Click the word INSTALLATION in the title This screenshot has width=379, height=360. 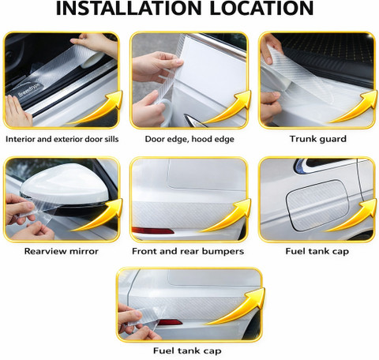pos(129,9)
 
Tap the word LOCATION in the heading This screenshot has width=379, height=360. pos(261,9)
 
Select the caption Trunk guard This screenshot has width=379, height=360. pos(318,139)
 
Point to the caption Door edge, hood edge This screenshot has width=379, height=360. pos(189,139)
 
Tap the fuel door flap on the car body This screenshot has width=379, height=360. pos(317,204)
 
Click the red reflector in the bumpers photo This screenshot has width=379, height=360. pos(152,231)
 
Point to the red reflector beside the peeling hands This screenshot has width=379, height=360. pos(170,322)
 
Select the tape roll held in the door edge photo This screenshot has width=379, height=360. pos(164,112)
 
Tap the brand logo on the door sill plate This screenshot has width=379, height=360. pos(29,90)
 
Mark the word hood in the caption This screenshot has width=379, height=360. pos(202,139)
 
